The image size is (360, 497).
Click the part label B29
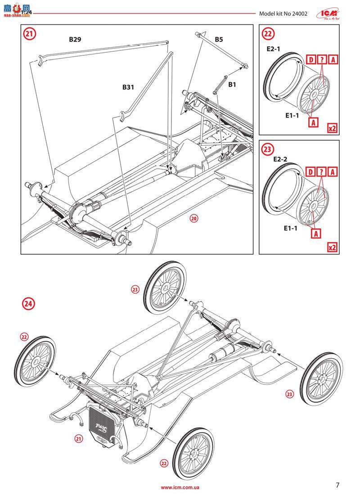pos(75,40)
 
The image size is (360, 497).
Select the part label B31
pos(128,87)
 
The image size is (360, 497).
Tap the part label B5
pos(219,40)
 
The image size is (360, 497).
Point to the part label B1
pos(232,85)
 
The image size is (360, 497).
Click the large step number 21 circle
pos(29,34)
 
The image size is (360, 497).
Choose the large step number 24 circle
pos(28,304)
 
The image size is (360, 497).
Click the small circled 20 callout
pos(194,218)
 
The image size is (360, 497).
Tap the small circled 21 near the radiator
pos(79,438)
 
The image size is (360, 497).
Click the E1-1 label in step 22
pos(292,116)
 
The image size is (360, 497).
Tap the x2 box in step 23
pos(333,247)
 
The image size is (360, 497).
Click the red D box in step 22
pos(310,59)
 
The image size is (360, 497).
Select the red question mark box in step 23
pos(322,172)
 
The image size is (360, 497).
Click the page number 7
pos(337,485)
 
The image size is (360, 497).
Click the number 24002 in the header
pos(297,14)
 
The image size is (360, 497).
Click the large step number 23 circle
pos(268,149)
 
